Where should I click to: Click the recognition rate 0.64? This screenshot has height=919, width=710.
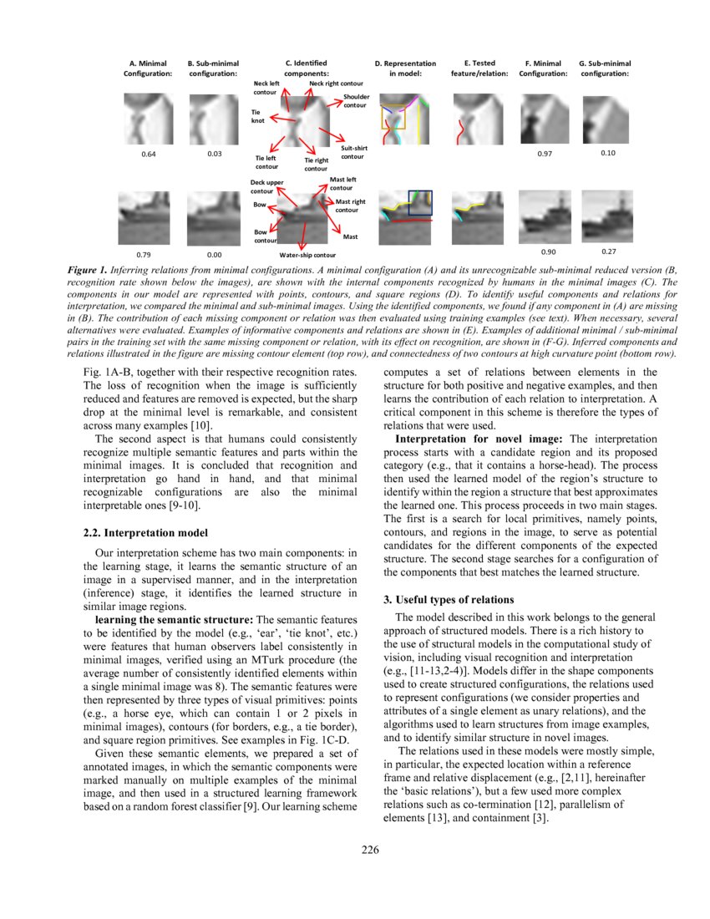(x=148, y=154)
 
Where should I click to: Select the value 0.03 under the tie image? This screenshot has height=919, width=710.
(x=215, y=154)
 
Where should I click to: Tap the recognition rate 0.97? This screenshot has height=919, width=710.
(x=546, y=154)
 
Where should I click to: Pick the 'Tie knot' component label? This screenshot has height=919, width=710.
(x=258, y=116)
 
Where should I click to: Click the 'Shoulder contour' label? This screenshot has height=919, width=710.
(x=355, y=101)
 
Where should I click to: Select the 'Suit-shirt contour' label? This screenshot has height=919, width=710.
(x=352, y=152)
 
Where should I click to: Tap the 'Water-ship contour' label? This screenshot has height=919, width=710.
(x=307, y=255)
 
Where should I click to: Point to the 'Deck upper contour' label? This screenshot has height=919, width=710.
(x=267, y=186)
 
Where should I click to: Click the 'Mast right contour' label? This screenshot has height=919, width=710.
(x=350, y=206)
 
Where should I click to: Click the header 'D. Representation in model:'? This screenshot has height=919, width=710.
(x=405, y=68)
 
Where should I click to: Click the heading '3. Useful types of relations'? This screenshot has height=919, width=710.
(x=448, y=600)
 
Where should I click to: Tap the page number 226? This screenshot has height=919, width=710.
(x=371, y=850)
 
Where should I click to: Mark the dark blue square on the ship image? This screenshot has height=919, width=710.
(x=420, y=204)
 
